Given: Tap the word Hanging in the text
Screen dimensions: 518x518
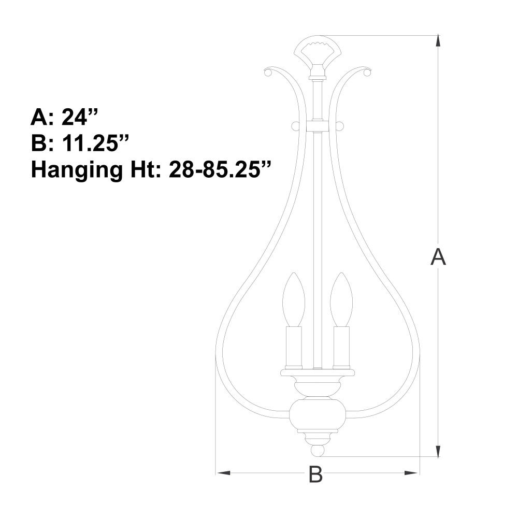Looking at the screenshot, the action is pyautogui.click(x=77, y=170).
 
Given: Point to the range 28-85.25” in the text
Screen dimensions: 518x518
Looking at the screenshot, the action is pyautogui.click(x=219, y=170).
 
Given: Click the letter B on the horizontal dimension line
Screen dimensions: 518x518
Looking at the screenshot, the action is pyautogui.click(x=315, y=474).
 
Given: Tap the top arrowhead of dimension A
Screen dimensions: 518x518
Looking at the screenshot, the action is pyautogui.click(x=438, y=40).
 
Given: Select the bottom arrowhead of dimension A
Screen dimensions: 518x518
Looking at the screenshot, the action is pyautogui.click(x=438, y=451).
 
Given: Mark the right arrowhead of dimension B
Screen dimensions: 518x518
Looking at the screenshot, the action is pyautogui.click(x=411, y=473).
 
